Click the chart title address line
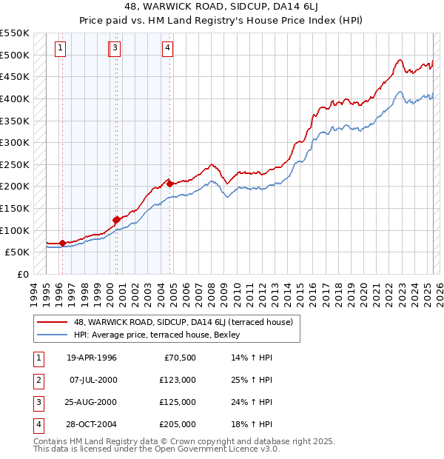point(221,7)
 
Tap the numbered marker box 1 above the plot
point(60,49)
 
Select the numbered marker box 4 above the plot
point(168,49)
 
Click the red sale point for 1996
point(62,243)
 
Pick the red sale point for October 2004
point(170,184)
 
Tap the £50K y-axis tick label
point(18,252)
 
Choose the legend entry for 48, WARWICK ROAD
point(183,322)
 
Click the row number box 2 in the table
point(37,380)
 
